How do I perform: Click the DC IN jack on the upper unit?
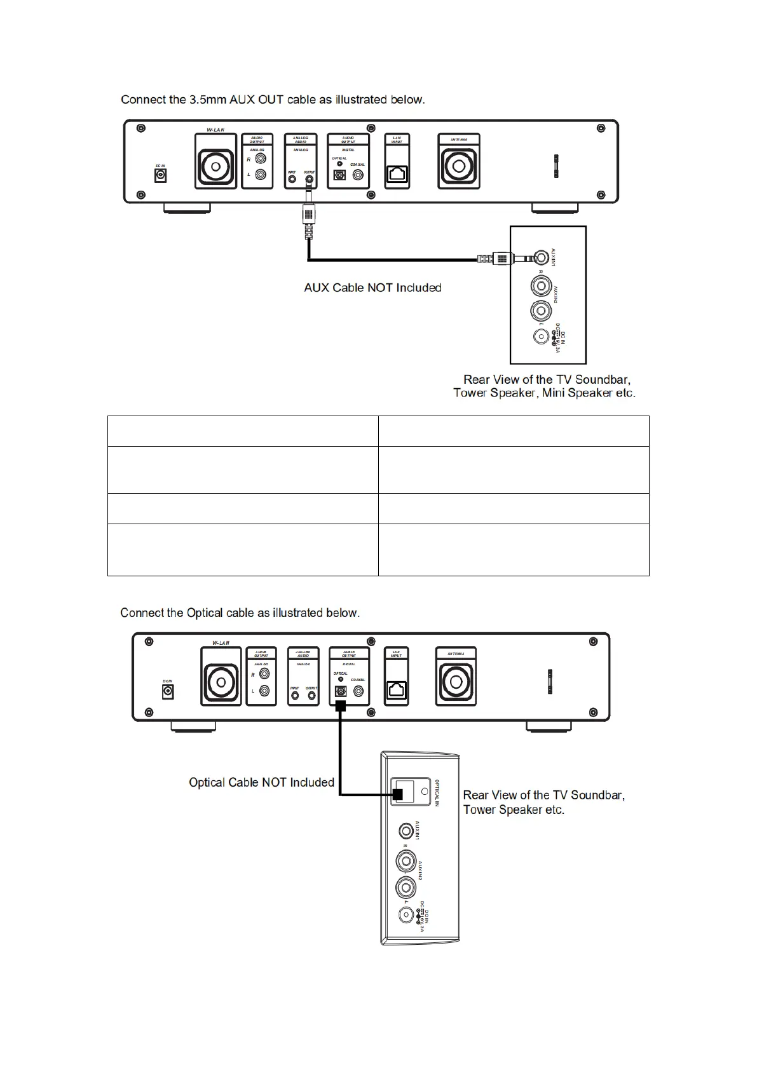pyautogui.click(x=161, y=175)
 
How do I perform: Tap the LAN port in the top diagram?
pyautogui.click(x=398, y=175)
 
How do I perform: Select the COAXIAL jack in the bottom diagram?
pyautogui.click(x=359, y=691)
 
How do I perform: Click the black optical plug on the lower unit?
pyautogui.click(x=341, y=706)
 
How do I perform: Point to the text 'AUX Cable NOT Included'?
pyautogui.click(x=372, y=288)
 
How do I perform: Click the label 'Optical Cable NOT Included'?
pyautogui.click(x=261, y=782)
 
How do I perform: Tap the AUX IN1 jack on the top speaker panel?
pyautogui.click(x=540, y=257)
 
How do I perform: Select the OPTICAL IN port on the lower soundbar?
pyautogui.click(x=404, y=792)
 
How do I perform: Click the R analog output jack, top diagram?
pyautogui.click(x=261, y=159)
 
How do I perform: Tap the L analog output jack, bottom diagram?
pyautogui.click(x=264, y=691)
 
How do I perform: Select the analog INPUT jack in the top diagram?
pyautogui.click(x=292, y=179)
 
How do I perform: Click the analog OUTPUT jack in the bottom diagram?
pyautogui.click(x=311, y=696)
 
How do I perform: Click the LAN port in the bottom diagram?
pyautogui.click(x=397, y=690)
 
